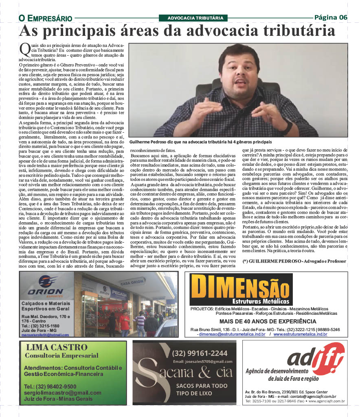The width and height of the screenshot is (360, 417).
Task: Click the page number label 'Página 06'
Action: (x=331, y=17)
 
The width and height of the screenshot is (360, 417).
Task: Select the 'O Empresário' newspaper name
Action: (x=45, y=18)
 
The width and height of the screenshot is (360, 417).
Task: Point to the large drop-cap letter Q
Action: (x=24, y=49)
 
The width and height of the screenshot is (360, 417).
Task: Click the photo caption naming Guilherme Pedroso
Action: (x=200, y=142)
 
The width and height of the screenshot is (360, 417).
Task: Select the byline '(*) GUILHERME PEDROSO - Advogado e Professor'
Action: (x=294, y=261)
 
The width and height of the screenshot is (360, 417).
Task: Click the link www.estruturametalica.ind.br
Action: (x=300, y=334)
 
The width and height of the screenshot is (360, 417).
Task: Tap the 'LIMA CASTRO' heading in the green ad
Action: (x=57, y=347)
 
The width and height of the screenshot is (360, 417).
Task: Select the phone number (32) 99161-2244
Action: (x=200, y=353)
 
